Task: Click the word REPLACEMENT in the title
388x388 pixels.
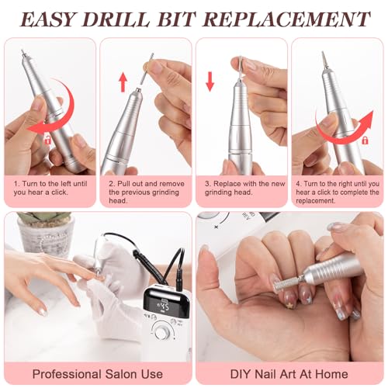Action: [286, 19]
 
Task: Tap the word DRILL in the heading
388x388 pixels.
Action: [116, 19]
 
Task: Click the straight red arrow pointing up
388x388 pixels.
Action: [123, 82]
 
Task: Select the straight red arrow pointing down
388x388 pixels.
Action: [210, 81]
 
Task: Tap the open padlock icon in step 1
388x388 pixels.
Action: [48, 140]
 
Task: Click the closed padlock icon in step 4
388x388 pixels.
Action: [365, 140]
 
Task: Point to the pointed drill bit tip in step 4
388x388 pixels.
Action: [323, 53]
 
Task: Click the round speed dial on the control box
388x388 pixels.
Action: [161, 331]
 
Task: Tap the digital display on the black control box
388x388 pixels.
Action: [161, 307]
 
